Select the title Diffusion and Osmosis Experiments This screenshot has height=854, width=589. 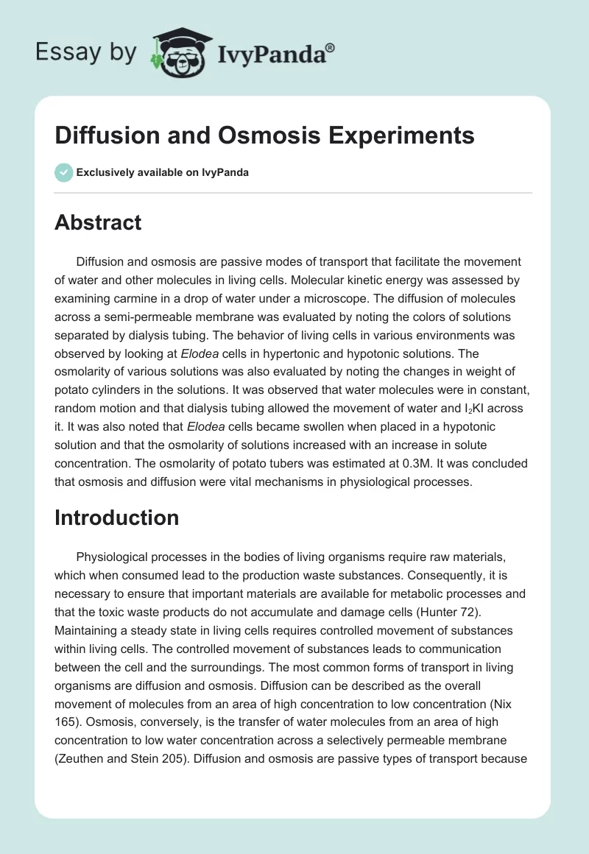pos(264,136)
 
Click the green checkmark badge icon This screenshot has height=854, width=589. pos(63,172)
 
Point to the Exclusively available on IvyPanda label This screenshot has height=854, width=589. pos(163,172)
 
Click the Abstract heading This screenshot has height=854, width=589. pos(98,222)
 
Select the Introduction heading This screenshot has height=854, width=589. pos(116,518)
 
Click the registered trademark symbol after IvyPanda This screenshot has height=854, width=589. pos(331,46)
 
